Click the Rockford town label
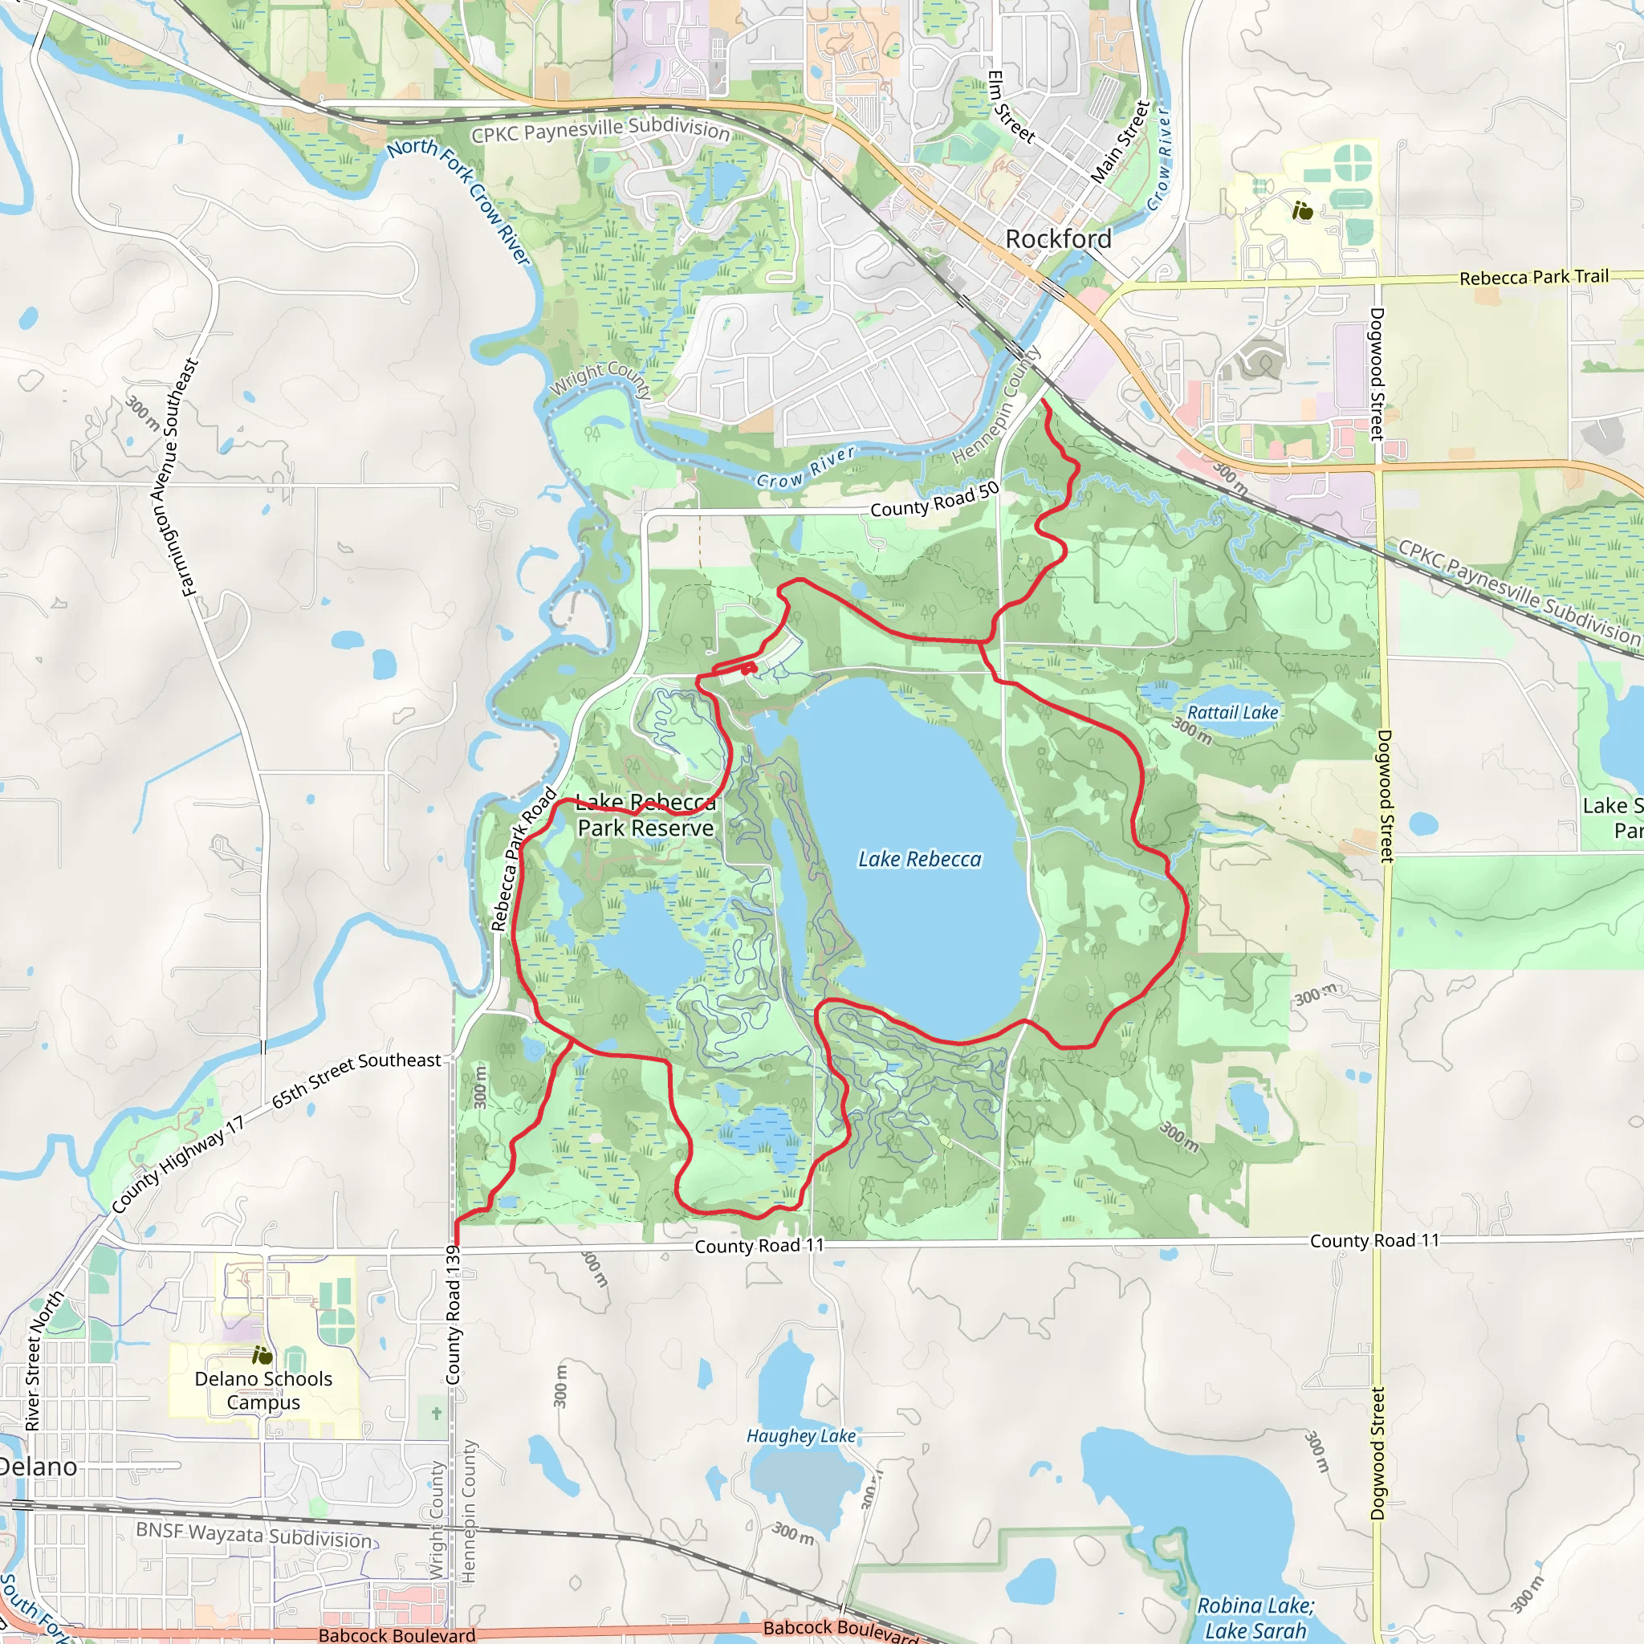pyautogui.click(x=1058, y=239)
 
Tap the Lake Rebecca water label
pyautogui.click(x=919, y=860)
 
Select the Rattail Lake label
pyautogui.click(x=1232, y=713)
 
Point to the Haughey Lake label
pyautogui.click(x=800, y=1436)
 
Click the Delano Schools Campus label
pyautogui.click(x=263, y=1390)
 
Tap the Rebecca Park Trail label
pyautogui.click(x=1533, y=278)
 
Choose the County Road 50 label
pyautogui.click(x=934, y=500)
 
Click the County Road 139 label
pyautogui.click(x=453, y=1315)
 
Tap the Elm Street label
pyautogui.click(x=1010, y=107)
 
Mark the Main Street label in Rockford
pyautogui.click(x=1120, y=142)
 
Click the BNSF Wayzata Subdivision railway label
pyautogui.click(x=254, y=1534)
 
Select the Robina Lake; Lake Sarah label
pyautogui.click(x=1255, y=1618)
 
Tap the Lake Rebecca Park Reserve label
pyautogui.click(x=645, y=816)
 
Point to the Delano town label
pyautogui.click(x=39, y=1466)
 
